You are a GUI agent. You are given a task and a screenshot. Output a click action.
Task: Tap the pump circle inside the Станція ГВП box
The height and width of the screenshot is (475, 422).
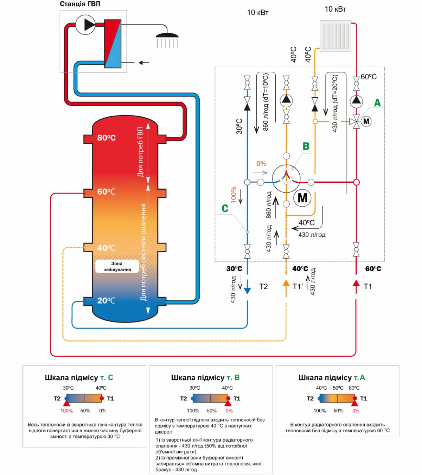pos(85,25)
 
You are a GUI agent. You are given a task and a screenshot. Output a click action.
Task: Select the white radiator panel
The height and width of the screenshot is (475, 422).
pos(335,35)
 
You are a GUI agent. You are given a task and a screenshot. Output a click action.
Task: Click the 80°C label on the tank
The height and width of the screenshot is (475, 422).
pos(106,138)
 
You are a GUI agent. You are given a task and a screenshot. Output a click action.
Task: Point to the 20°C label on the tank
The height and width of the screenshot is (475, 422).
pos(106,300)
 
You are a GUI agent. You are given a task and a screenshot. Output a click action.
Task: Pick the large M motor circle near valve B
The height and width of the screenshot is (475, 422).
pos(302,198)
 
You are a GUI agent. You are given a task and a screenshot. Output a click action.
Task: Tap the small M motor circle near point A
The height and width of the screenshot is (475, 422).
pos(366,121)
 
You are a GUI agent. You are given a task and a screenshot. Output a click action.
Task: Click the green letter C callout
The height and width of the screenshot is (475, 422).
pos(225,208)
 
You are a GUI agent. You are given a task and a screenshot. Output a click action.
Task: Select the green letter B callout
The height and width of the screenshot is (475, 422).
pos(306,146)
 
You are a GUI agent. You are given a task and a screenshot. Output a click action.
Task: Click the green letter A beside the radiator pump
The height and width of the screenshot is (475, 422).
pos(377,103)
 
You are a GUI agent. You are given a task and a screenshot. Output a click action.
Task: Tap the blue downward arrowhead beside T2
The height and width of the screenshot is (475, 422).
pos(247,291)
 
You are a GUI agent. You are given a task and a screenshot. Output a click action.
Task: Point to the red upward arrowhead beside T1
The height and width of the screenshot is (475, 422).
pos(356,283)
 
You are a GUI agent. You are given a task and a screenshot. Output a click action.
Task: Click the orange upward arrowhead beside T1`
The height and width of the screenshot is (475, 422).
pos(286,283)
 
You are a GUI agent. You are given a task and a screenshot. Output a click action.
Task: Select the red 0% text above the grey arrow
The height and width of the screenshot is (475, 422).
pos(261,164)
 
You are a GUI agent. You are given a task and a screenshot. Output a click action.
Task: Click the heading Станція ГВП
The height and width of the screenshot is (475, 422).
pos(80,4)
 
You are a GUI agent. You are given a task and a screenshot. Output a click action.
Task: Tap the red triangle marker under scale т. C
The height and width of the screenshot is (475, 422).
pos(67,403)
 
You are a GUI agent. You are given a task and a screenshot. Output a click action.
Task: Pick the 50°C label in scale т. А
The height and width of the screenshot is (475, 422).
pos(338,388)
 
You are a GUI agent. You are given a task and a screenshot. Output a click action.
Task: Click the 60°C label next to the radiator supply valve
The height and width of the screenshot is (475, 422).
pos(369,77)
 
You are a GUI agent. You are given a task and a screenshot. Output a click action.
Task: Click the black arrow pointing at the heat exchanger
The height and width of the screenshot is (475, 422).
pos(144,63)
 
